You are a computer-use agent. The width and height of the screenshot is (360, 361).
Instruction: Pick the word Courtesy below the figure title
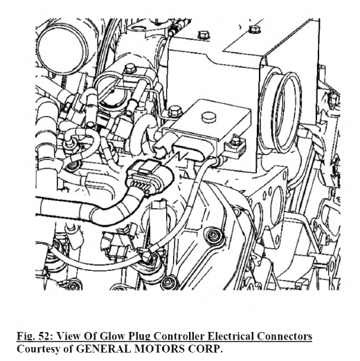click(x=38, y=349)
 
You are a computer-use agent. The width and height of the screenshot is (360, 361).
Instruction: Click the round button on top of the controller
click(x=209, y=117)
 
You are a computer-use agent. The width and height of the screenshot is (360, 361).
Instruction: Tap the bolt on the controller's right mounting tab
click(x=235, y=141)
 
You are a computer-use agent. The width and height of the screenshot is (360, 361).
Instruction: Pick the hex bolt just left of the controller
click(x=174, y=111)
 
